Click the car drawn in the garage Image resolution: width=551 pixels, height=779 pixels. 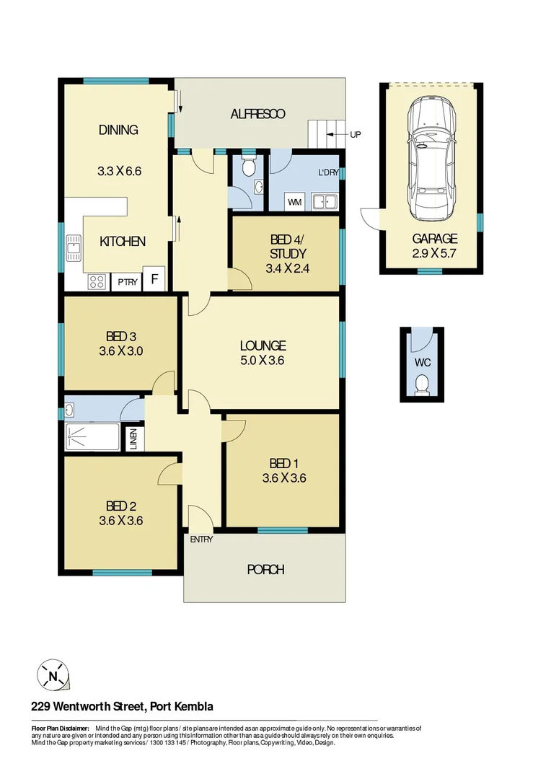pos(431,159)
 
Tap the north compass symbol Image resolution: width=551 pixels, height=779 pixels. pos(53,677)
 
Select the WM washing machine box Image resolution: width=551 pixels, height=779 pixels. pos(294,203)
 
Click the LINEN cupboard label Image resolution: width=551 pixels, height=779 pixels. pos(134,439)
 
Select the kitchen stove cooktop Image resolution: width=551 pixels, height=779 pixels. pos(97,282)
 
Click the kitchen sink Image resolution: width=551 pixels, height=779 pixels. pos(74,249)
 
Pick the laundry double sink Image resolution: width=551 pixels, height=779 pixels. pos(325,202)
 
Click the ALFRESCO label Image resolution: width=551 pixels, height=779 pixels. pos(257,114)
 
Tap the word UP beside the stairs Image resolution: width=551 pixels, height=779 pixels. pos(355,135)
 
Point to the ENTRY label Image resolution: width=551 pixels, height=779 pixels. pos(201,540)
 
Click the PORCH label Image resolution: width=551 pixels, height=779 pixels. pos(265,570)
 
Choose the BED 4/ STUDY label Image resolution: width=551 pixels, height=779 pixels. pos(287,247)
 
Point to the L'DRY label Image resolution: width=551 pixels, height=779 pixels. pos(328,174)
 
